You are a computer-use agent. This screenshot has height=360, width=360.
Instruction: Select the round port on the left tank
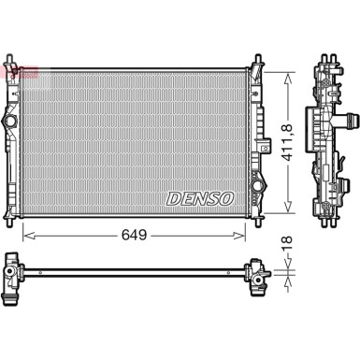[11, 122]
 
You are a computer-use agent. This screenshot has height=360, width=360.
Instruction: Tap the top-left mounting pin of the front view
[19, 65]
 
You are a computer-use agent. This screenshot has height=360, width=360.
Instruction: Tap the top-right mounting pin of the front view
[254, 65]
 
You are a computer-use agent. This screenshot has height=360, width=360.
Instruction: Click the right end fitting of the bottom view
[254, 273]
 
